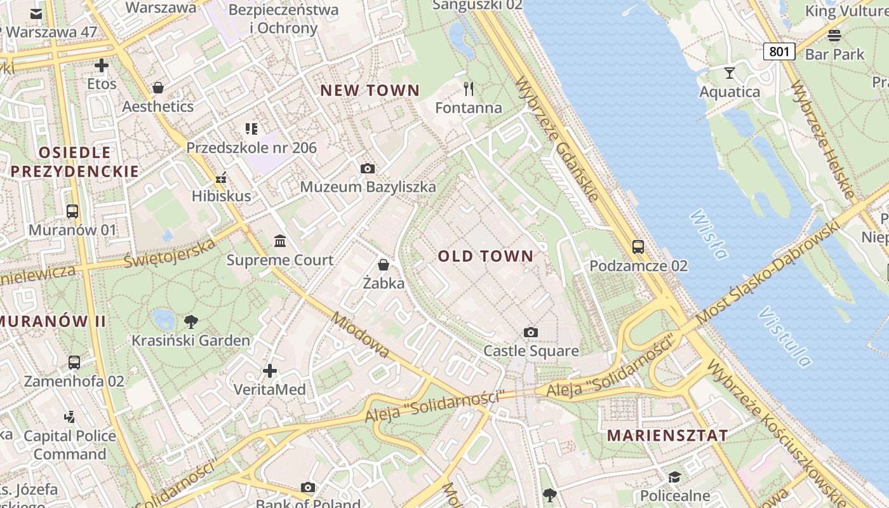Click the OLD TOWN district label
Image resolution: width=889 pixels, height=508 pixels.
[x=486, y=257]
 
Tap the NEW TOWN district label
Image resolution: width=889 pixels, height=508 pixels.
[x=370, y=91]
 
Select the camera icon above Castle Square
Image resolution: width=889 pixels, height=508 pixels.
[x=531, y=332]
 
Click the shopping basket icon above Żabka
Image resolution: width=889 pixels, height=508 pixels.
[x=384, y=264]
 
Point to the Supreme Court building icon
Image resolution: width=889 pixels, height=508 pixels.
[x=280, y=241]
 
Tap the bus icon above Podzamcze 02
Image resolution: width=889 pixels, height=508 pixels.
[x=638, y=247]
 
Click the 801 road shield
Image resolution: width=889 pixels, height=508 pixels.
[x=779, y=51]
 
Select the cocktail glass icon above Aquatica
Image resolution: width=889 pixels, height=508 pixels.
[x=730, y=73]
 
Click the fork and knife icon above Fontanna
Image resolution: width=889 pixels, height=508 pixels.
[x=469, y=89]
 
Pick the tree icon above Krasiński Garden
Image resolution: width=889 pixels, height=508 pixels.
[x=190, y=322]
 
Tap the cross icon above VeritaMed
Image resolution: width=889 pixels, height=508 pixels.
[x=270, y=370]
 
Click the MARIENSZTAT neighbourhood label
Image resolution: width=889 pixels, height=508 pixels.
[x=667, y=436]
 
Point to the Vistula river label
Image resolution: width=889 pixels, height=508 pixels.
[x=785, y=337]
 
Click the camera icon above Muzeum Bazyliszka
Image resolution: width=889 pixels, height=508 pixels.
[x=367, y=168]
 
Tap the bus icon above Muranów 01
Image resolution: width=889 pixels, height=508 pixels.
[x=72, y=211]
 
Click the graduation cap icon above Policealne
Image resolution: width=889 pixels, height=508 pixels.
[x=674, y=477]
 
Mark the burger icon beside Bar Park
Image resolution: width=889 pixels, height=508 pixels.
[x=834, y=35]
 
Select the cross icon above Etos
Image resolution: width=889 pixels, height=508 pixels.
[x=102, y=65]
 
